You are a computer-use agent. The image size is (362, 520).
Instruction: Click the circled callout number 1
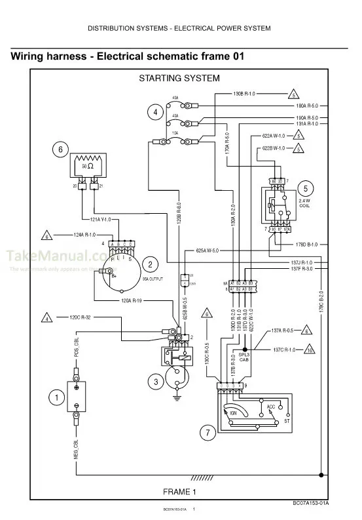tap(56, 396)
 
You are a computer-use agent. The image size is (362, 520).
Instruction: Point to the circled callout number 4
tap(155, 112)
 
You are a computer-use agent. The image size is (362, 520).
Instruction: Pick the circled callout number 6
tap(60, 150)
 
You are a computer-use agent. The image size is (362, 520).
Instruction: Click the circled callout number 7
tap(207, 433)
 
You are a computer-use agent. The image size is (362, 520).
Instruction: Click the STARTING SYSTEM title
tap(179, 78)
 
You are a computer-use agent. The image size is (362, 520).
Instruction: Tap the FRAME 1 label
tap(179, 491)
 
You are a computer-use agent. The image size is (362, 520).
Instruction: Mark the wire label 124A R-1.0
tap(81, 235)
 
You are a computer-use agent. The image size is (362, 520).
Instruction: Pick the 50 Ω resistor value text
tap(88, 167)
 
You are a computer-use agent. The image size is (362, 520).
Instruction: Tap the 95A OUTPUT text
tap(151, 279)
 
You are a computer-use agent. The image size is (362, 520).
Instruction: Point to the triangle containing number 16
tap(309, 350)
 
